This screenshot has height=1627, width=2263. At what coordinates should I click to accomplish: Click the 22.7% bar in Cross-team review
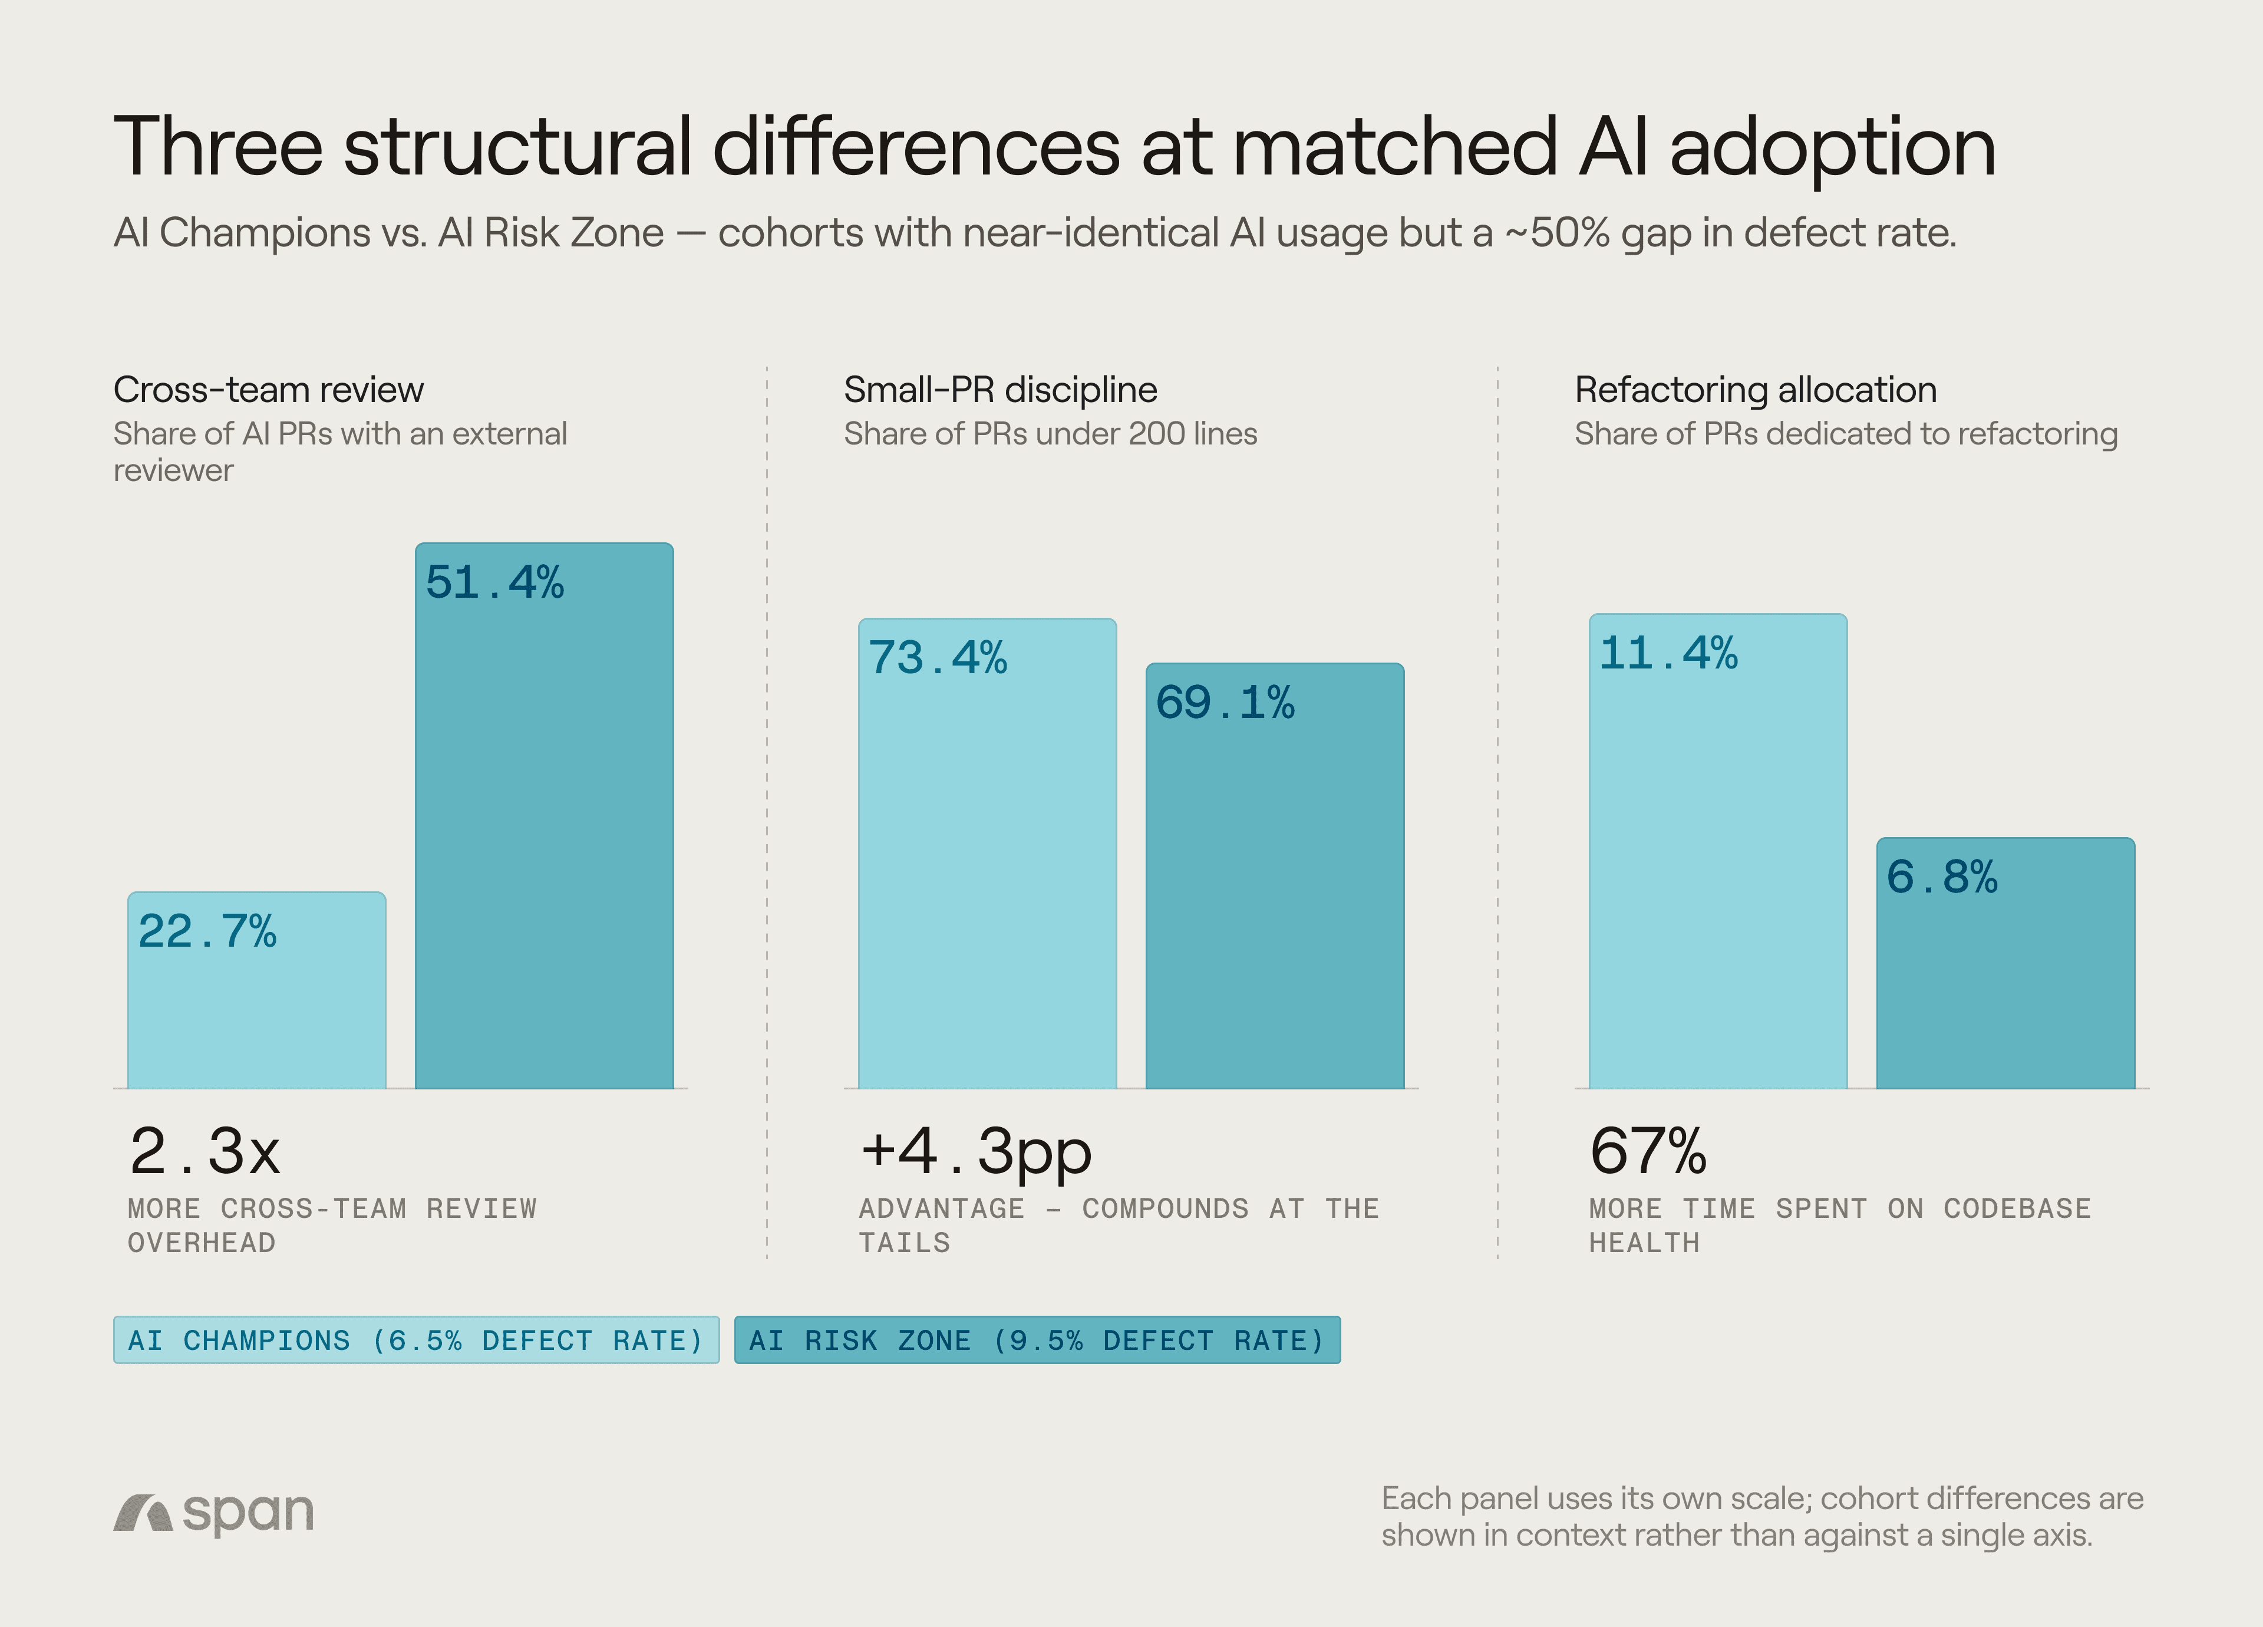[256, 989]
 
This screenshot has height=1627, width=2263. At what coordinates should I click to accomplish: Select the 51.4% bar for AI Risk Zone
[544, 815]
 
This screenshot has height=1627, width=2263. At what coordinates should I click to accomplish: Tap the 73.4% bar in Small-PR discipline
[987, 854]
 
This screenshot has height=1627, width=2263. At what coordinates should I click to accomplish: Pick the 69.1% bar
[1274, 875]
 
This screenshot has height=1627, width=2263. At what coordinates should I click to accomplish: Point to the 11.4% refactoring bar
[1717, 851]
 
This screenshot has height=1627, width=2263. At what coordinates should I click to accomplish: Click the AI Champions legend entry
[416, 1339]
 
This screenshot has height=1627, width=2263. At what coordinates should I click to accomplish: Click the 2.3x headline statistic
[204, 1151]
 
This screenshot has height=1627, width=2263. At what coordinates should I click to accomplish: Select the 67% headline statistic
[1648, 1151]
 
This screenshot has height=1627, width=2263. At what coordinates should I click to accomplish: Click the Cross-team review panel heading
[268, 389]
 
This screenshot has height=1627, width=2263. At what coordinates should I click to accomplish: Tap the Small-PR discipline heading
[1001, 389]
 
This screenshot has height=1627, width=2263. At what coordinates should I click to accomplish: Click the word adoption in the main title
[1833, 149]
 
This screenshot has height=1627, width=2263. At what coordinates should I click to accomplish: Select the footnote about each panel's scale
[1762, 1516]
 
